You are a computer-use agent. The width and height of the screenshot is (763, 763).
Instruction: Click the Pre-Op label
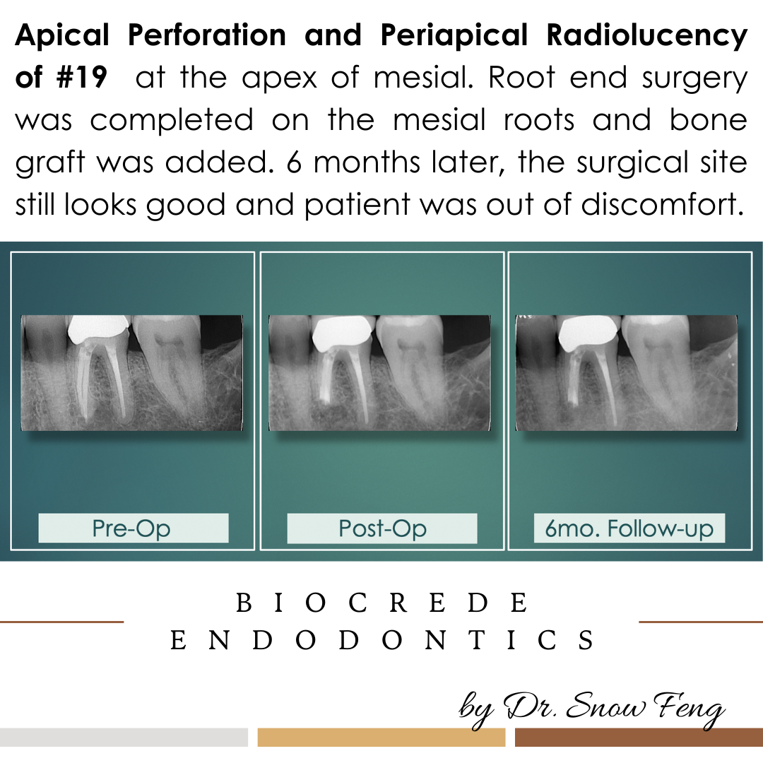pyautogui.click(x=132, y=528)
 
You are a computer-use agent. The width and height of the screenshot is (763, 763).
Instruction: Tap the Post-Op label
pyautogui.click(x=382, y=528)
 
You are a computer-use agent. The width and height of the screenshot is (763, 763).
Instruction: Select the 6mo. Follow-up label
pyautogui.click(x=629, y=528)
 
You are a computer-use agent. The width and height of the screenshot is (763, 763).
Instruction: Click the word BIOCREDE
pyautogui.click(x=381, y=604)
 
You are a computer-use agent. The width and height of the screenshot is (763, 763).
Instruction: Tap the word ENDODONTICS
pyautogui.click(x=381, y=641)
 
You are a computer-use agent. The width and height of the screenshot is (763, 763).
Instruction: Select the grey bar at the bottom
pyautogui.click(x=124, y=737)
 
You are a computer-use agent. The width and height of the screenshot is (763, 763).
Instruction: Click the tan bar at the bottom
pyautogui.click(x=381, y=737)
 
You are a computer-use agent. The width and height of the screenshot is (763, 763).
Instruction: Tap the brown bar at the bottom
pyautogui.click(x=639, y=737)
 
